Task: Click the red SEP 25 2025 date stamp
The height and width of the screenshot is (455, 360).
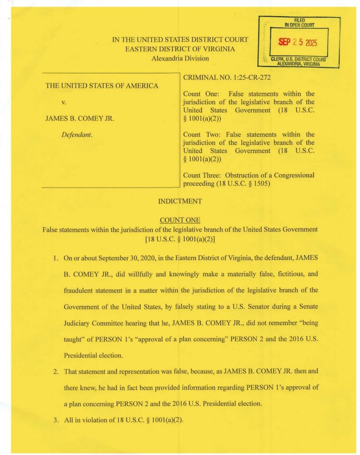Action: coord(296,43)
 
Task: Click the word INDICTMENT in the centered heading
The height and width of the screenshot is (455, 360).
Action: coord(180,201)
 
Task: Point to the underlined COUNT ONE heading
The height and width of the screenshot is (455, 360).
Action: coord(180,220)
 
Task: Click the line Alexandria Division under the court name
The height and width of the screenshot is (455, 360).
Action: coord(180,58)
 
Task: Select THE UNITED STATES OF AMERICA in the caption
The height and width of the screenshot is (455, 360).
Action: coord(102,86)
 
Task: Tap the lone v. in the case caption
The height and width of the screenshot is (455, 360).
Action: coord(64,102)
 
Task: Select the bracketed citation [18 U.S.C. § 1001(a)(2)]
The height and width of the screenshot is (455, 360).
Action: coord(180,238)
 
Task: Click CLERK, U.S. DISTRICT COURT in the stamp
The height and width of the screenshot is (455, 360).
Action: coord(299,60)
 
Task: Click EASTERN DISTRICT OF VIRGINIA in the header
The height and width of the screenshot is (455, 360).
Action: coord(180,49)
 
